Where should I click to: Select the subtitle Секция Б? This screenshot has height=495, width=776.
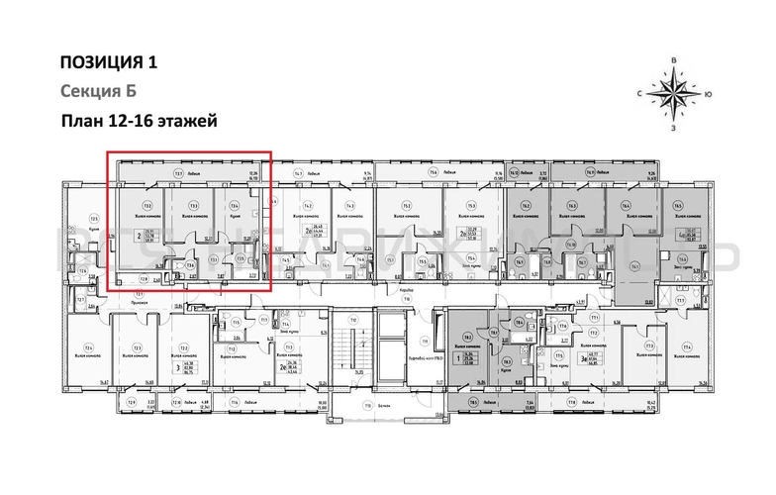[x=97, y=92]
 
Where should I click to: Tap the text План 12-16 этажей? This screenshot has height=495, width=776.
[x=138, y=121]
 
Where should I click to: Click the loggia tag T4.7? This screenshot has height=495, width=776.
[x=297, y=173]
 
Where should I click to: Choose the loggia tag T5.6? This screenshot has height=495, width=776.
[x=433, y=173]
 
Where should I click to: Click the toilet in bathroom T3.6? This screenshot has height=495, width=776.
[x=179, y=265]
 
